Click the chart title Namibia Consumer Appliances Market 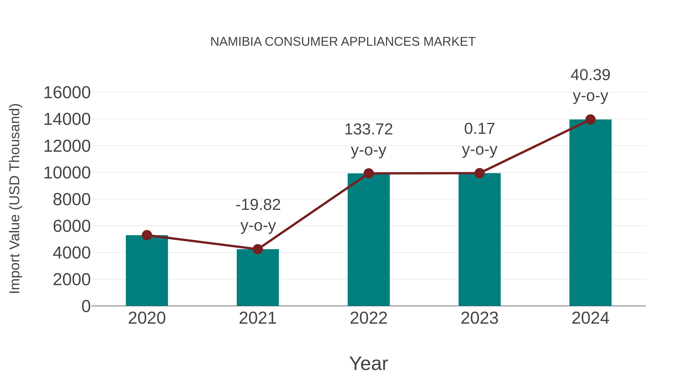[343, 42]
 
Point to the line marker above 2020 [147, 235]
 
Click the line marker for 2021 [257, 249]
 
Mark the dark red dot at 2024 [590, 120]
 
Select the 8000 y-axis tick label [72, 200]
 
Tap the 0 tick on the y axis [86, 306]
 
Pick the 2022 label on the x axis [369, 318]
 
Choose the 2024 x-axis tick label [590, 318]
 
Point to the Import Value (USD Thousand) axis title [15, 199]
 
